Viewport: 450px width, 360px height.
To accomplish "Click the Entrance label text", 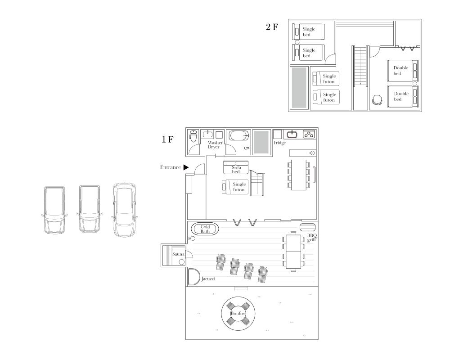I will [170, 167].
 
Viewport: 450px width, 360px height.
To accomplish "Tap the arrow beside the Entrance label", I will [185, 167].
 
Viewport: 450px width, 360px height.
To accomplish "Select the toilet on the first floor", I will [193, 136].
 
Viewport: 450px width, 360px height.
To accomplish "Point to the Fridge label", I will [279, 143].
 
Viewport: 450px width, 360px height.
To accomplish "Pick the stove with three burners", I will [309, 134].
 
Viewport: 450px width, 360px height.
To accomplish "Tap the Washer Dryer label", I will [215, 145].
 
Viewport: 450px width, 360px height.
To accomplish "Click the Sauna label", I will [178, 255].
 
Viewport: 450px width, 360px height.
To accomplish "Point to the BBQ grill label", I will [312, 238].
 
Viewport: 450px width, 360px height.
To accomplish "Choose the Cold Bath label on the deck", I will [205, 229].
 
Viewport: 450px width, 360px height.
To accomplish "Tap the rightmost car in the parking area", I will [124, 210].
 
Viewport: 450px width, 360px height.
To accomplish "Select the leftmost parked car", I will [54, 210].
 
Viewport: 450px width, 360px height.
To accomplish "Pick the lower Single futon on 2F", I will [326, 97].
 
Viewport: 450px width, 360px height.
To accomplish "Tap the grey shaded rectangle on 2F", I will [299, 88].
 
